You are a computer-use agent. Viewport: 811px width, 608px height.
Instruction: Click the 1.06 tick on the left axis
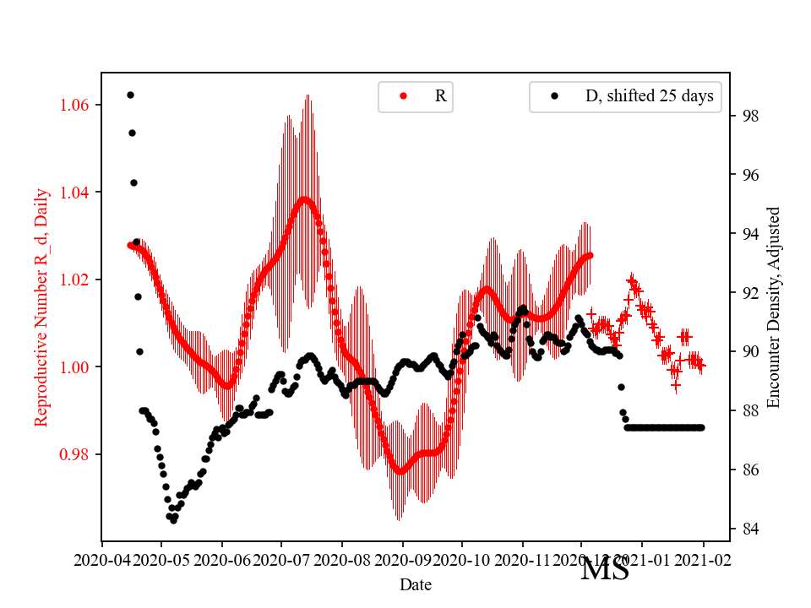point(78,105)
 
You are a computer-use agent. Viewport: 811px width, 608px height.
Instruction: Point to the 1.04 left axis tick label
point(78,193)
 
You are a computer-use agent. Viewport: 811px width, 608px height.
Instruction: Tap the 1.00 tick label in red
point(78,367)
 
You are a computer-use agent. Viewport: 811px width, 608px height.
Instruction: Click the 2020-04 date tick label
point(101,559)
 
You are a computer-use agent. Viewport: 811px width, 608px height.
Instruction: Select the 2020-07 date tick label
point(282,559)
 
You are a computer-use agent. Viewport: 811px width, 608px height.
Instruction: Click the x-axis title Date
point(416,584)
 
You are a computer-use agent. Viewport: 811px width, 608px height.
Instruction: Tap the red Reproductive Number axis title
point(41,307)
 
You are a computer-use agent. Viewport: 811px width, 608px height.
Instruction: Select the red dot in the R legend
point(403,96)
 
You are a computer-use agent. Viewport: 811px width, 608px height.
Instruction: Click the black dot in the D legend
point(554,96)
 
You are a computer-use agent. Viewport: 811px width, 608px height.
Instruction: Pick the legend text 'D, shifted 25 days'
point(649,96)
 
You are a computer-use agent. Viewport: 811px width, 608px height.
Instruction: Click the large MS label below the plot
point(605,569)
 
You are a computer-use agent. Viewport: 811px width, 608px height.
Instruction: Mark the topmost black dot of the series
point(130,95)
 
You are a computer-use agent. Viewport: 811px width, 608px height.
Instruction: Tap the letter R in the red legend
point(440,96)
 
